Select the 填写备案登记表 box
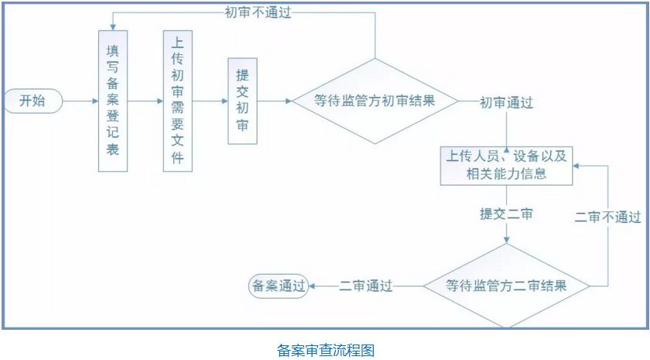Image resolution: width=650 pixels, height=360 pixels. pos(112,101)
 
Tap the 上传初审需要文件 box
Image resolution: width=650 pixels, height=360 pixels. pos(177,101)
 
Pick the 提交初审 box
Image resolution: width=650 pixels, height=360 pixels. pos(241,101)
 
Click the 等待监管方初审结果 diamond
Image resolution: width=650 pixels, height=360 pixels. pos(375,101)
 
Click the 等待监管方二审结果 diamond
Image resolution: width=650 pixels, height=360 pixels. pos(507,285)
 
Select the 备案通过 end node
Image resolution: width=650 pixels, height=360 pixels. pos(277,285)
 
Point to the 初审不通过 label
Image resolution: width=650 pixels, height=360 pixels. pos(258,12)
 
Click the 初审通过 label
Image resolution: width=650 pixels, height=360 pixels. pos(506,101)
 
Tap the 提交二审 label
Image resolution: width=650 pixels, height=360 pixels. pos(506,214)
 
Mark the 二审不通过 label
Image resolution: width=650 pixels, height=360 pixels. pos(608,217)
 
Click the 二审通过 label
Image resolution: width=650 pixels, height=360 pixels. pos(365,286)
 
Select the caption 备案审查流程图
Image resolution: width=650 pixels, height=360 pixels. pos(325,350)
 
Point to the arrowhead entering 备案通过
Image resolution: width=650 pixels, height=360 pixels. pos(312,285)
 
